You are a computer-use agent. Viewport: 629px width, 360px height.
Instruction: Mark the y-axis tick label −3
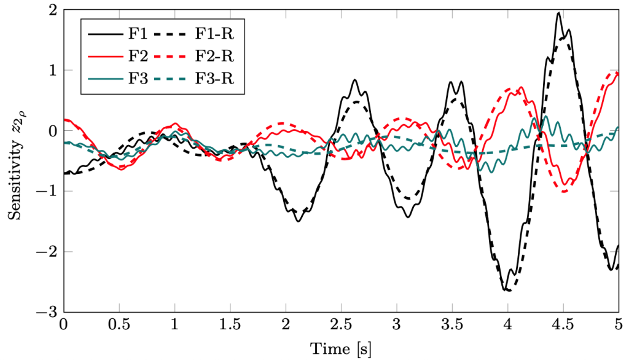pos(49,313)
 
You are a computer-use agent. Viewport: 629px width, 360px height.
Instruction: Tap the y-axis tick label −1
pos(49,192)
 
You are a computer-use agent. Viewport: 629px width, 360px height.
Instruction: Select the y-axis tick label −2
pos(49,252)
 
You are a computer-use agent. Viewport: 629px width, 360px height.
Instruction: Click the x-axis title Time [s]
pos(341,348)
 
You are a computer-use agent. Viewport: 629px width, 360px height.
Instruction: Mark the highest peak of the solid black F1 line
pos(558,13)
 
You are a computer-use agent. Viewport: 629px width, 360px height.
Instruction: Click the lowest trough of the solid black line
pos(507,290)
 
